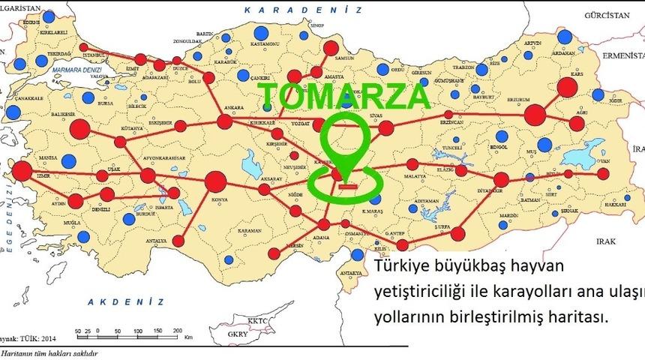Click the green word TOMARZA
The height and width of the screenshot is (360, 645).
[344, 96]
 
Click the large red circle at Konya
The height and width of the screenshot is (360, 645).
[215, 181]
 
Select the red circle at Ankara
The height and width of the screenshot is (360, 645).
[224, 121]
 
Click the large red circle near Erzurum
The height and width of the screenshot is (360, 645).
[535, 115]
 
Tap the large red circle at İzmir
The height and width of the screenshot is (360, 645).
[22, 171]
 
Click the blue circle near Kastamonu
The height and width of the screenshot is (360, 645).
[260, 34]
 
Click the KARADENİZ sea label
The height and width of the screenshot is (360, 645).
[304, 9]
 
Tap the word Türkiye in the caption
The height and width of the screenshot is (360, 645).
[401, 266]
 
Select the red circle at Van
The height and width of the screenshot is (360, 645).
[604, 175]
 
